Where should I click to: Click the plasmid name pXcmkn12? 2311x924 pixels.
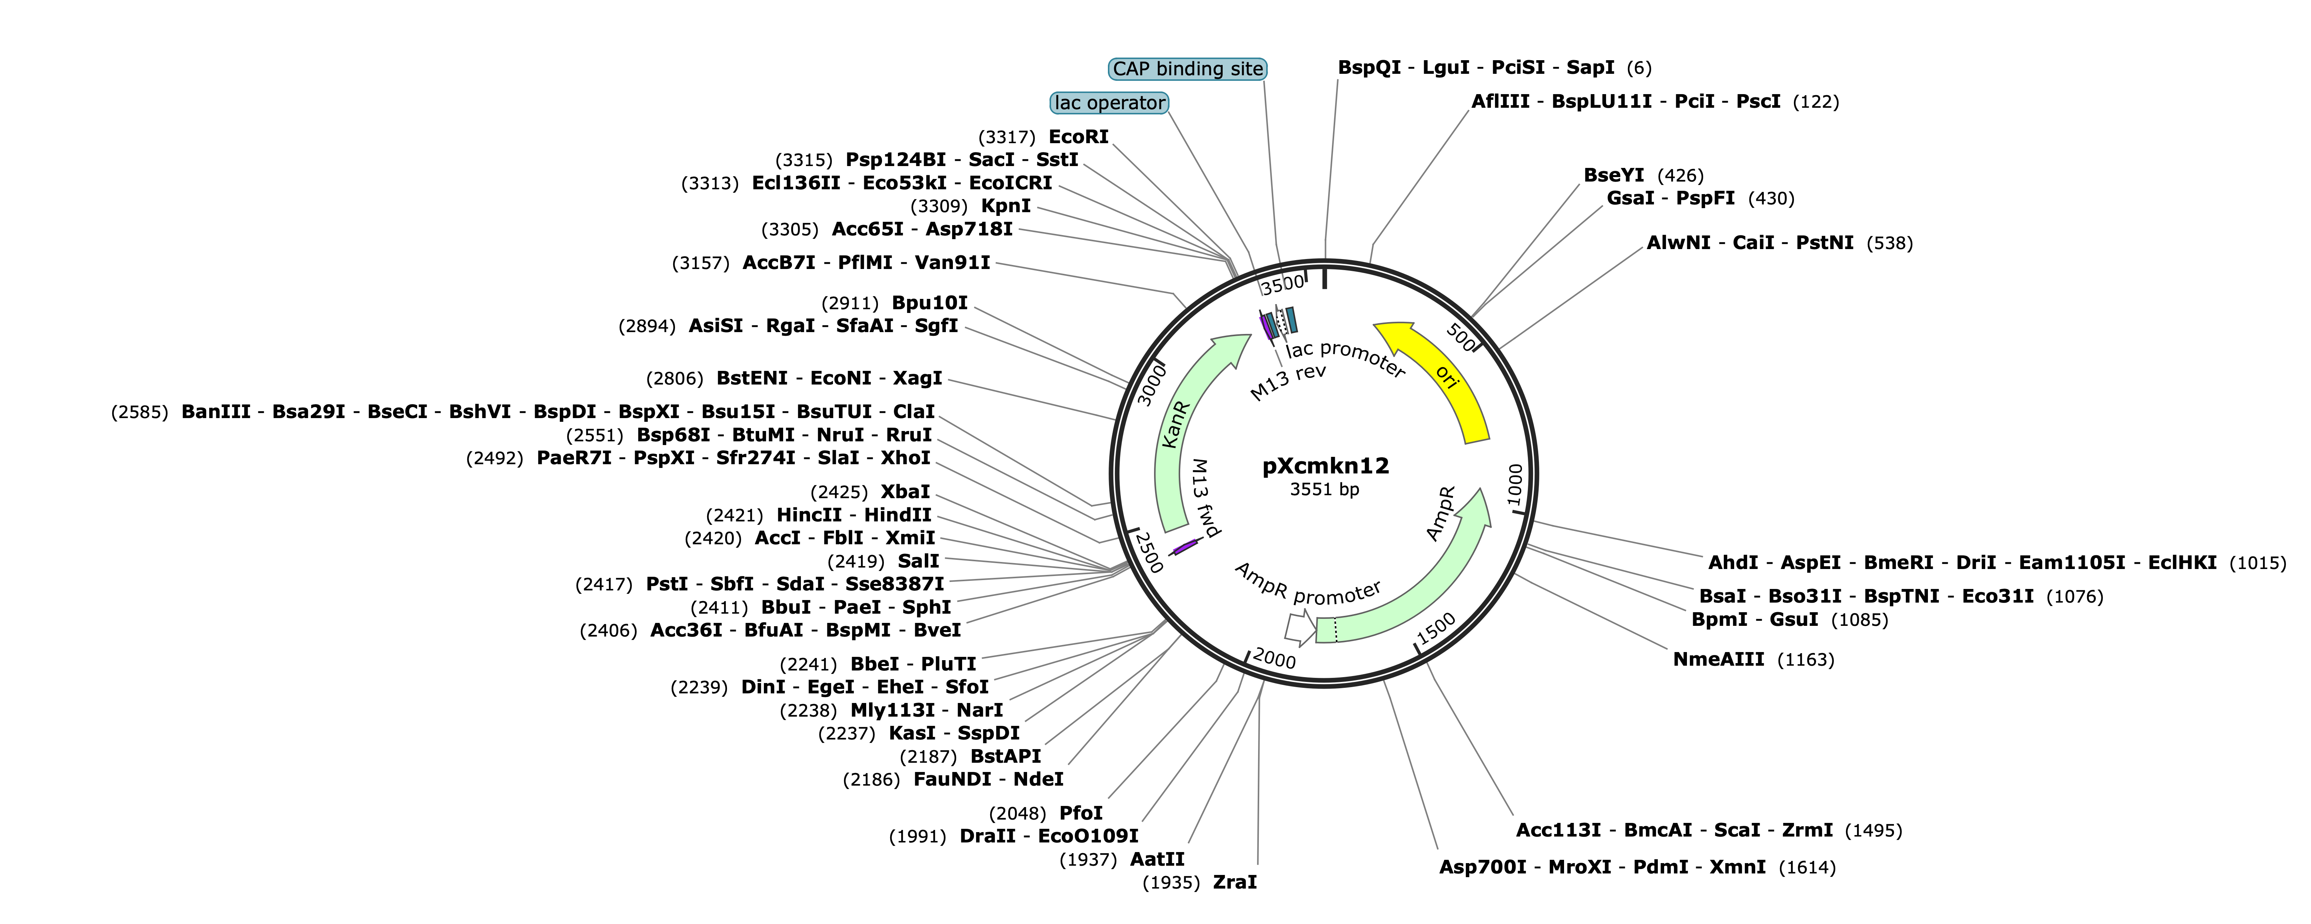pyautogui.click(x=1325, y=466)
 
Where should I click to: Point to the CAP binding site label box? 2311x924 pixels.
pyautogui.click(x=1188, y=69)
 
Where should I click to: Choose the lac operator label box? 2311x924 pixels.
pyautogui.click(x=1110, y=103)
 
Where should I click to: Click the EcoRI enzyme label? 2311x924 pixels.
pyautogui.click(x=1078, y=137)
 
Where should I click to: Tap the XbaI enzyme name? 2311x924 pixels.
pyautogui.click(x=905, y=492)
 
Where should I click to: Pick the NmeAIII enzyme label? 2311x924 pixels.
pyautogui.click(x=1718, y=659)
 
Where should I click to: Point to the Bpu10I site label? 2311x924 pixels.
pyautogui.click(x=929, y=303)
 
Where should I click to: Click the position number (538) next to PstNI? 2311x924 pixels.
pyautogui.click(x=1889, y=243)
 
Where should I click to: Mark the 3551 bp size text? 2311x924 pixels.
pyautogui.click(x=1324, y=490)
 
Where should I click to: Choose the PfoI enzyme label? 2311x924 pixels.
pyautogui.click(x=1081, y=813)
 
